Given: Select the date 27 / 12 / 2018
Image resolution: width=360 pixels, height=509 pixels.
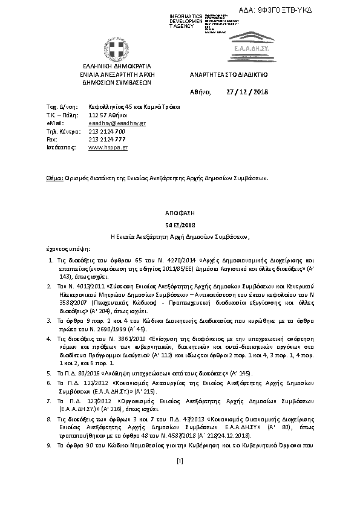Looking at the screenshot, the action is click(x=246, y=92).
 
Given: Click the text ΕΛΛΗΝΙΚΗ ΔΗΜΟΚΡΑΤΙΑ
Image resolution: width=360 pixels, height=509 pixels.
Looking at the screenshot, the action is click(x=113, y=65).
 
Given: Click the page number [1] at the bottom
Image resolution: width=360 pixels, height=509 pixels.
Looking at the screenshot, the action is click(x=180, y=478).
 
